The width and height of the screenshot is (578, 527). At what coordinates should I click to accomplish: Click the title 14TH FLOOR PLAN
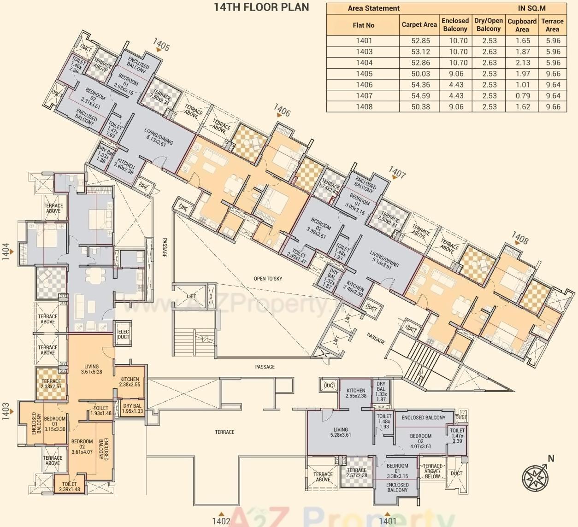[261, 7]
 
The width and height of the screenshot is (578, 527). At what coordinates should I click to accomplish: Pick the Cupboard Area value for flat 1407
[523, 96]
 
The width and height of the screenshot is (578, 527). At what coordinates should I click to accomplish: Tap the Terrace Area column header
[552, 25]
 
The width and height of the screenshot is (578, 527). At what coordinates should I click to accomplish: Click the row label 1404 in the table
[364, 63]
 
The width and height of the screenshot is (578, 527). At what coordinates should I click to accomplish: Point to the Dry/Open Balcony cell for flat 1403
[490, 52]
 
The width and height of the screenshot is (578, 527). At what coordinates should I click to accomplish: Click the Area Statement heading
[373, 8]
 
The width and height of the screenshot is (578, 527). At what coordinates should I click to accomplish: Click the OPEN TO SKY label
[268, 279]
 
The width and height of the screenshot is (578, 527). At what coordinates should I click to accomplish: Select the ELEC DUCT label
[124, 334]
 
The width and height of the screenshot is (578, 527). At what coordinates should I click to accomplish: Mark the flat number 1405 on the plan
[161, 45]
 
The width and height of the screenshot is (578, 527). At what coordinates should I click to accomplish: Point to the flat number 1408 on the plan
[520, 238]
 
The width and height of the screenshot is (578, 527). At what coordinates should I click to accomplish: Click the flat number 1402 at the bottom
[221, 521]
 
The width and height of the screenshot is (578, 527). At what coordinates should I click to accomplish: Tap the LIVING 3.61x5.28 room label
[91, 369]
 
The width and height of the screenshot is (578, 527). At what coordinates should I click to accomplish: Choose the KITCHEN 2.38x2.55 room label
[130, 381]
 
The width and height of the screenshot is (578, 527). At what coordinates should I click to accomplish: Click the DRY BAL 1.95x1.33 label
[132, 409]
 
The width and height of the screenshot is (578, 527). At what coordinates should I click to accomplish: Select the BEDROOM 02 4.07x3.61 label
[420, 441]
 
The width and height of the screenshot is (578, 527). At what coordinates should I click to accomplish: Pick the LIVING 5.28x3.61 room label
[341, 432]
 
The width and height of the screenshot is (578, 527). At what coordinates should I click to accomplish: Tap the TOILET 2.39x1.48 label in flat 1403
[70, 486]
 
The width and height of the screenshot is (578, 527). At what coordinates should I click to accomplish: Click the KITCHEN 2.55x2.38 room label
[356, 393]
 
